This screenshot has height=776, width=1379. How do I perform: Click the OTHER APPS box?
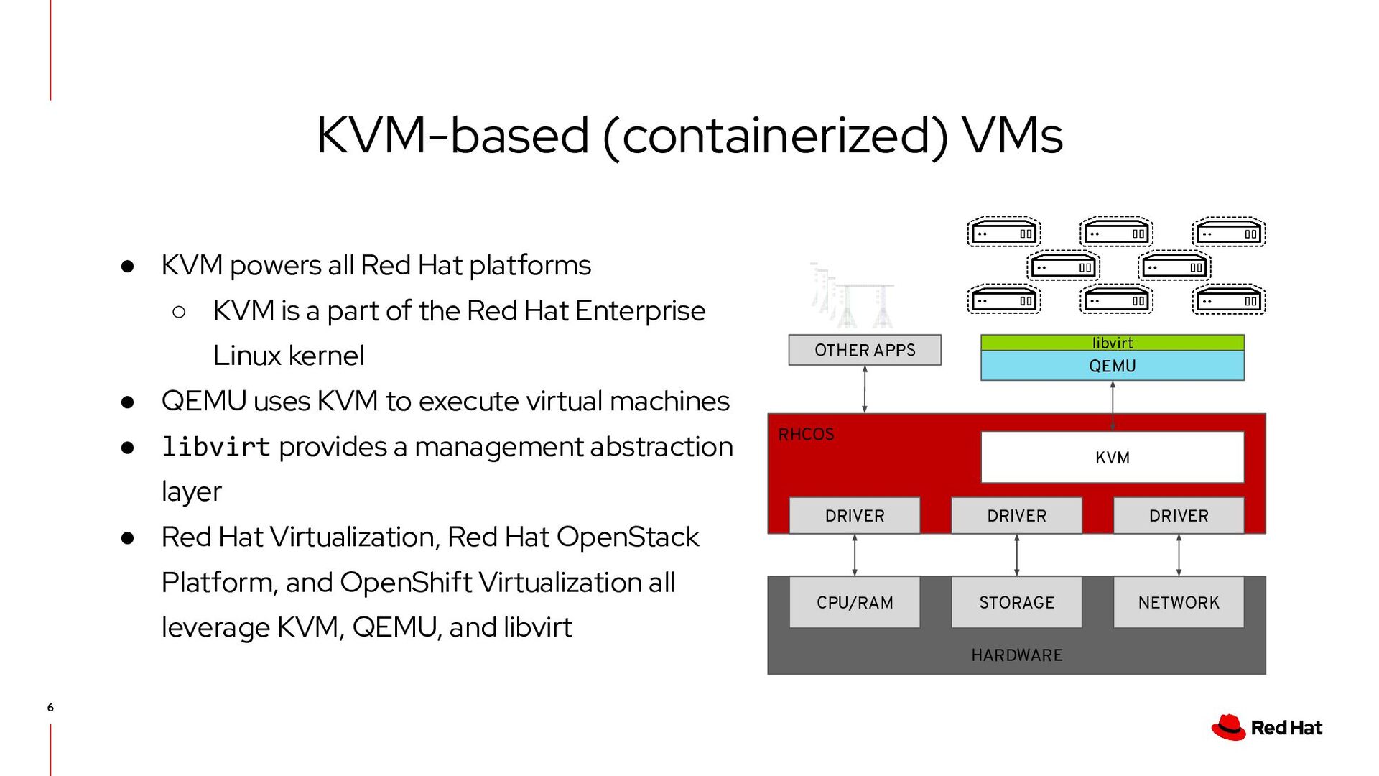coord(865,350)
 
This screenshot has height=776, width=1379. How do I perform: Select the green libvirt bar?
coord(1112,343)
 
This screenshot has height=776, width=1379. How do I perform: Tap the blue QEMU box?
coord(1112,366)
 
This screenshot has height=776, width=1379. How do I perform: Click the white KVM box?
coord(1112,458)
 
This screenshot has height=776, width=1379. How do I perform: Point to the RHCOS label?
coord(806,435)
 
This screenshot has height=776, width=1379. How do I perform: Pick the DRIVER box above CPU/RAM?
coord(854,516)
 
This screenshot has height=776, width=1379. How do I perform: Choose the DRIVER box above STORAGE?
coord(1016,516)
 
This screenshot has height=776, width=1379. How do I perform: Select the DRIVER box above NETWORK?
coord(1179,516)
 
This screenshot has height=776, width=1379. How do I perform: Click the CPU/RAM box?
coord(854,602)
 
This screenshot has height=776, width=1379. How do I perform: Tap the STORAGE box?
coord(1016,602)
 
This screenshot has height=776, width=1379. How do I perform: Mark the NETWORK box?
coord(1179,602)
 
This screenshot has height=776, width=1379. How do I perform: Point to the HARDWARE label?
coord(1016,655)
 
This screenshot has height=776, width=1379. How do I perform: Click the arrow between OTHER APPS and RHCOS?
coord(865,389)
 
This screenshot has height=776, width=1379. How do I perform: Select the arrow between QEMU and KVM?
coord(1113,406)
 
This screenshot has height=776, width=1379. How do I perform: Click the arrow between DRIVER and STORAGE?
coord(1016,555)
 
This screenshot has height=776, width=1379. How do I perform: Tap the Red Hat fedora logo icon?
coord(1229,727)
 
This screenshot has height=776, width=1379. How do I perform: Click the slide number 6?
coord(50,708)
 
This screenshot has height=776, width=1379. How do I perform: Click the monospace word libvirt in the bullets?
coord(215,447)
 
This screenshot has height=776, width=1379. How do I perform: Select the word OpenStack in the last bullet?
coord(627,537)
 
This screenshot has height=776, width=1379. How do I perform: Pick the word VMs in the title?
coord(1012,135)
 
